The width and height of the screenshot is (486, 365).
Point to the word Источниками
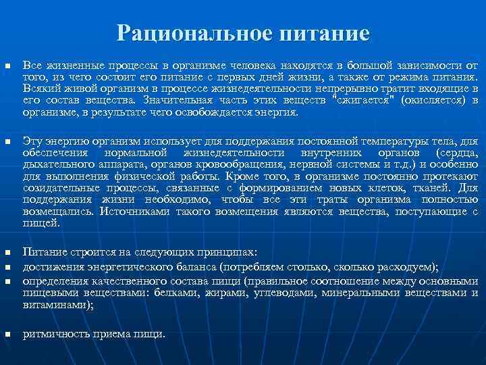tap(129, 212)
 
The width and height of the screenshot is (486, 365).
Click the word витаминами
tap(57, 303)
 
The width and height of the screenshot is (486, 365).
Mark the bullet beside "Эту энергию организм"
tap(7, 142)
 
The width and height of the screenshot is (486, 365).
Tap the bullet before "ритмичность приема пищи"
tap(7, 335)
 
